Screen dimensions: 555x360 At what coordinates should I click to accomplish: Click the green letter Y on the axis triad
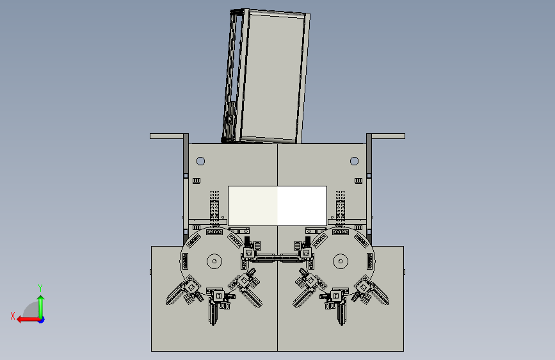point(40,288)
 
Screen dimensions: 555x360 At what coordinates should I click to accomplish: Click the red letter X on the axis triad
point(13,316)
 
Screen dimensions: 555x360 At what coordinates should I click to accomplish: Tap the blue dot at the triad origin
point(41,320)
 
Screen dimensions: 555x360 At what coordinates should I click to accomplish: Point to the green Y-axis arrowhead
point(41,299)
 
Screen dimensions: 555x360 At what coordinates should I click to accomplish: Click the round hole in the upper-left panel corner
point(200,161)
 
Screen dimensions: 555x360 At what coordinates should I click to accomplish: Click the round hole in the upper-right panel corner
point(354,161)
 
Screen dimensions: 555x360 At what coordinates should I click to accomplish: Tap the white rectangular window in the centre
point(277,206)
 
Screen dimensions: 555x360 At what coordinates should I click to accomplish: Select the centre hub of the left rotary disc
point(214,261)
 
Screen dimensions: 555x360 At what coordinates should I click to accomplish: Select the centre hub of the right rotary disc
point(341,261)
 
